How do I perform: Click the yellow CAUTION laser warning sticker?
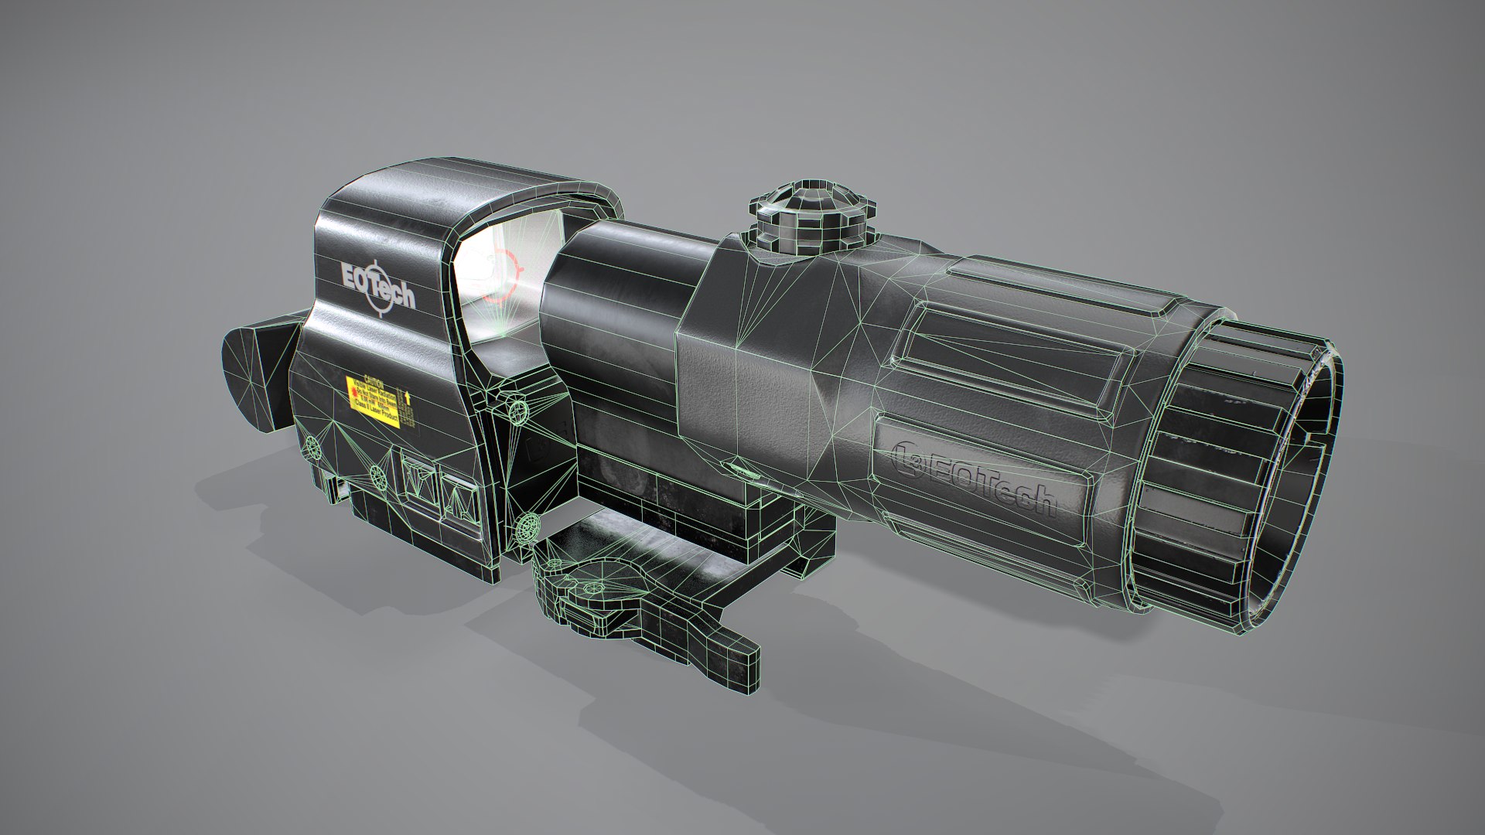point(373,401)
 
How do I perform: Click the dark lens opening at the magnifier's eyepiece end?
point(1253,495)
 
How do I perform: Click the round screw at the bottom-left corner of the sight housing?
point(312,445)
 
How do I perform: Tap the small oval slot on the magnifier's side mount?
point(739,466)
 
